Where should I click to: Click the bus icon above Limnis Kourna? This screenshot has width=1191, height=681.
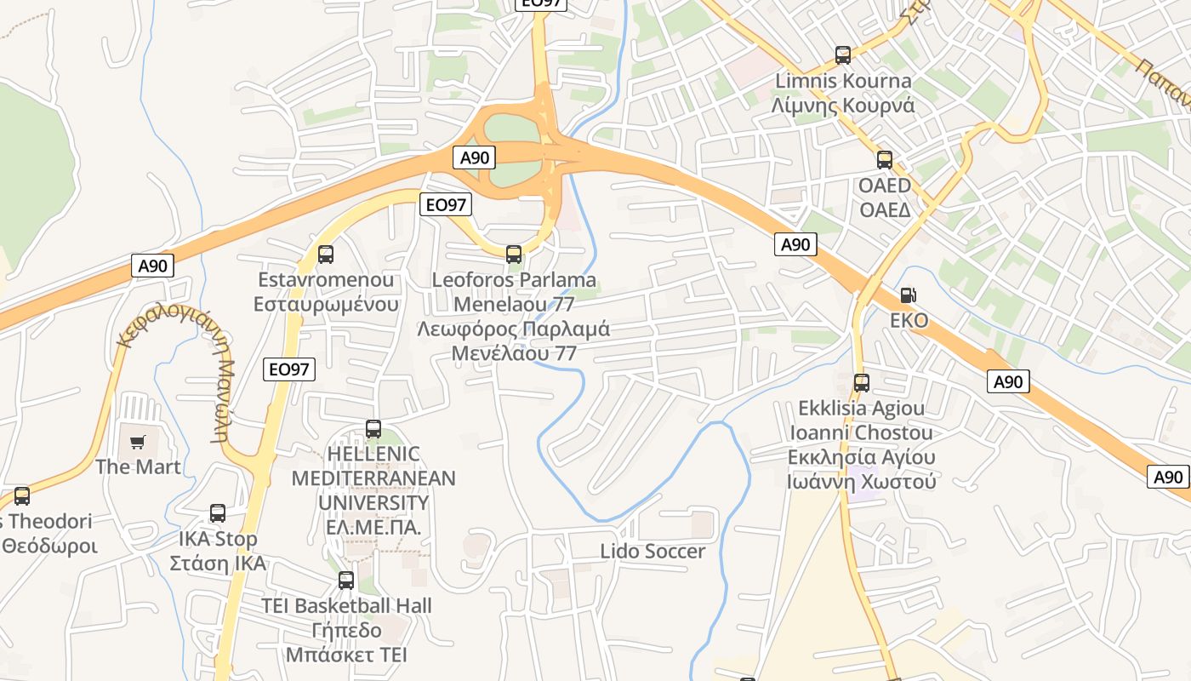pyautogui.click(x=843, y=55)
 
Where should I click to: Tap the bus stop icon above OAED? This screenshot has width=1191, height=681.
pyautogui.click(x=885, y=159)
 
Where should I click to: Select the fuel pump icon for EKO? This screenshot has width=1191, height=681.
pyautogui.click(x=909, y=295)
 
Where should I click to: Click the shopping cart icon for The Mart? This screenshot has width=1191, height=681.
pyautogui.click(x=138, y=442)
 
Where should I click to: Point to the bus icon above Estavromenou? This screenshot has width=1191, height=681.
pyautogui.click(x=326, y=254)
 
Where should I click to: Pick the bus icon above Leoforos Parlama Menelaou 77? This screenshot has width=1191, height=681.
pyautogui.click(x=514, y=254)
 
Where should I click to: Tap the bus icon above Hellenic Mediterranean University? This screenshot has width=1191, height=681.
pyautogui.click(x=373, y=428)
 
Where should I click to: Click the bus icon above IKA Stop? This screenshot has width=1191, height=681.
pyautogui.click(x=218, y=513)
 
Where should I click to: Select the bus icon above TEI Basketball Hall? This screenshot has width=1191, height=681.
pyautogui.click(x=346, y=581)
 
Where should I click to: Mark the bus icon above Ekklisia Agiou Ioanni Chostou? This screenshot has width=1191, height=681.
pyautogui.click(x=862, y=382)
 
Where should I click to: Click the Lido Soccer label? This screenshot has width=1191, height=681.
pyautogui.click(x=652, y=552)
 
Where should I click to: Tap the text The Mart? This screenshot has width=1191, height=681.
pyautogui.click(x=138, y=466)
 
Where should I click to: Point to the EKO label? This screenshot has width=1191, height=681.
pyautogui.click(x=909, y=321)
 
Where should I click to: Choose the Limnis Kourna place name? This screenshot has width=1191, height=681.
pyautogui.click(x=842, y=82)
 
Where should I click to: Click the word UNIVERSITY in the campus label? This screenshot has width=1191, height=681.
pyautogui.click(x=373, y=502)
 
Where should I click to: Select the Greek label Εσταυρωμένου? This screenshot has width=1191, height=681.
pyautogui.click(x=326, y=304)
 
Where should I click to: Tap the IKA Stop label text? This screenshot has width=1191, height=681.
pyautogui.click(x=218, y=539)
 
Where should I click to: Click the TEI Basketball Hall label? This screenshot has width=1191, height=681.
pyautogui.click(x=346, y=606)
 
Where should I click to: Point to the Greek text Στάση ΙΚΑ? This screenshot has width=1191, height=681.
pyautogui.click(x=218, y=564)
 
